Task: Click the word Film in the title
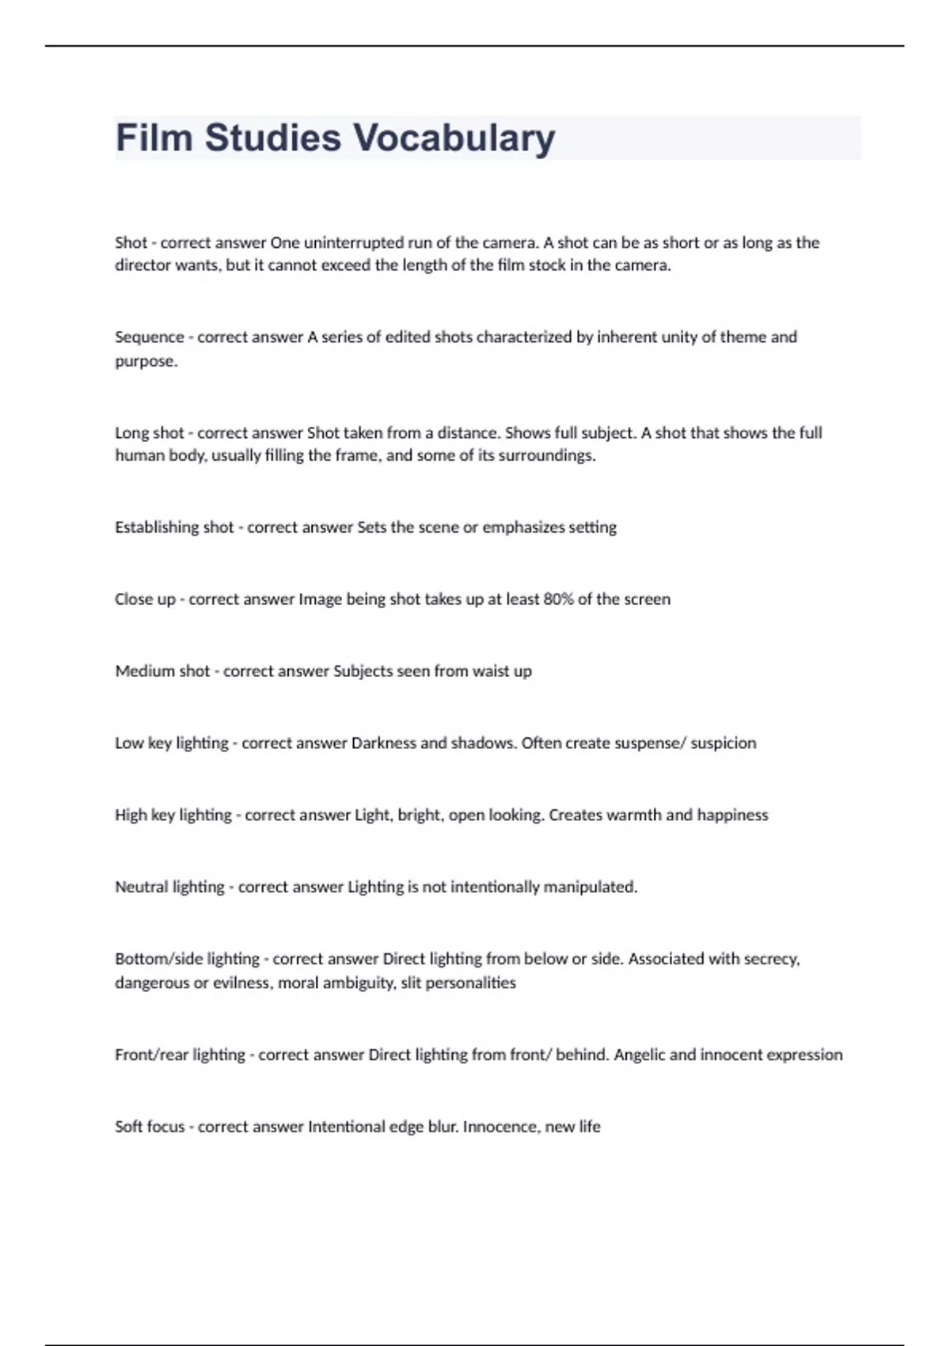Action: (x=154, y=138)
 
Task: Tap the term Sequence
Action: (x=149, y=337)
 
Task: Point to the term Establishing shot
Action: (x=174, y=527)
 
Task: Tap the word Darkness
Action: (x=383, y=743)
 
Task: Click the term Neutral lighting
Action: (x=169, y=888)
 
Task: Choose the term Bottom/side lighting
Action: (x=187, y=960)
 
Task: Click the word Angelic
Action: (x=640, y=1055)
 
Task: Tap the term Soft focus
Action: (x=149, y=1127)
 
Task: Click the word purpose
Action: (x=146, y=362)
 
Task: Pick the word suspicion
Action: (x=723, y=743)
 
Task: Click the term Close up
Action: (x=145, y=599)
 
